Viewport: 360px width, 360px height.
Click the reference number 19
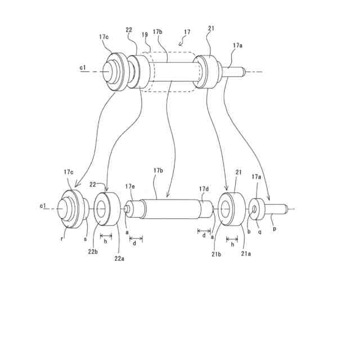(145, 35)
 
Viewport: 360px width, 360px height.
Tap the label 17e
(130, 186)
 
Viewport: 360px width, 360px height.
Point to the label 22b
(93, 251)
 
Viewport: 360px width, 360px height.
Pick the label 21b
(217, 255)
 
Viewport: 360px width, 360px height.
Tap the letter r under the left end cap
(62, 237)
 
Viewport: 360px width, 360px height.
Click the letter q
(259, 231)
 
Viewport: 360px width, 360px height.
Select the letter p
(274, 230)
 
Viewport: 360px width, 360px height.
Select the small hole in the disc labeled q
(254, 210)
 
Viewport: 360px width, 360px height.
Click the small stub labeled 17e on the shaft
(128, 209)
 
